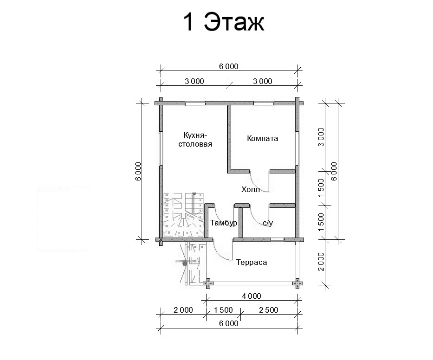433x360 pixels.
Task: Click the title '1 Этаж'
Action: coord(224,22)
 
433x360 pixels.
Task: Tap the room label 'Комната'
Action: coord(262,138)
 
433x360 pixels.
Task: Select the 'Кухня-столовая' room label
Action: coord(195,140)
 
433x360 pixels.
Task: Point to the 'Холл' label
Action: coord(251,190)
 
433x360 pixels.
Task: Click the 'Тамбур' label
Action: coord(223,223)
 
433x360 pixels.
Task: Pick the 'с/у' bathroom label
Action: coord(268,223)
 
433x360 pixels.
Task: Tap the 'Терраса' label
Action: coord(252,262)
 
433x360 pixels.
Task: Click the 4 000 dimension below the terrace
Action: coord(252,296)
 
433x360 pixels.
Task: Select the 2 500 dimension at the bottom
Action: coord(269,310)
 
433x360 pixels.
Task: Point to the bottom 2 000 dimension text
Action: coord(183,310)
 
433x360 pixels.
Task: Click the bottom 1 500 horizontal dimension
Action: coord(223,310)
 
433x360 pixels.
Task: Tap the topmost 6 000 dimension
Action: coord(229,66)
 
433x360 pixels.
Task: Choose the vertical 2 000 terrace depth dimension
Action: coord(321,262)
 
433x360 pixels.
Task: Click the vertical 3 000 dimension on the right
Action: coord(321,137)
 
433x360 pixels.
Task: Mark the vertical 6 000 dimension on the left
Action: coord(138,172)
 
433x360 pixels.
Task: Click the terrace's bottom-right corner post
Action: coord(297,283)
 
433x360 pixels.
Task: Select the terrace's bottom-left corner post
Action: coord(208,283)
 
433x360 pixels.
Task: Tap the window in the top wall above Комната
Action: coord(264,103)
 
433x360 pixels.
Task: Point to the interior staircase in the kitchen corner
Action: coord(184,215)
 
